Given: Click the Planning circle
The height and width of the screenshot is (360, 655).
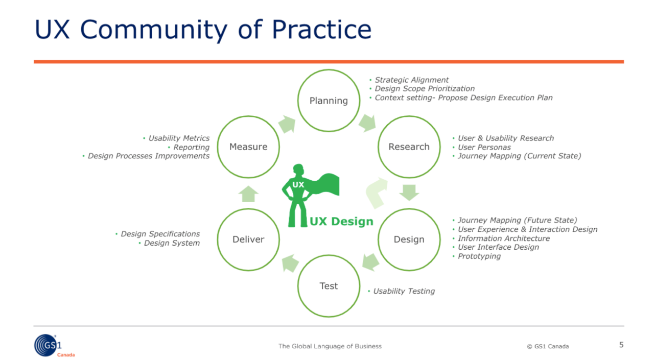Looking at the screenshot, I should tap(329, 101).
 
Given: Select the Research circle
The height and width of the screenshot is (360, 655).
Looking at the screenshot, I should tap(409, 147).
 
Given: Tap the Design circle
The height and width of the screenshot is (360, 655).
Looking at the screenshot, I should tap(409, 239).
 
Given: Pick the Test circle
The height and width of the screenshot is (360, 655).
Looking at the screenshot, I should tap(329, 285).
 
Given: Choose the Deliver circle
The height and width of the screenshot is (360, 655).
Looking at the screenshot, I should tap(248, 239).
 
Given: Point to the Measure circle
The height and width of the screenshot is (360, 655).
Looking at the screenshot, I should tap(248, 147).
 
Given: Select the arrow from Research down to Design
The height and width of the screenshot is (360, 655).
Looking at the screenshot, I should tap(409, 193).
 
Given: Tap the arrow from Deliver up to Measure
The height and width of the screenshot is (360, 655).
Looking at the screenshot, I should tap(248, 194).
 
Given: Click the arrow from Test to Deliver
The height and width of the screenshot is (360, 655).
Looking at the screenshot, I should tap(290, 262).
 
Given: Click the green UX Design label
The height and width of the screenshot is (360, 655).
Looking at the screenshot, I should tap(341, 222).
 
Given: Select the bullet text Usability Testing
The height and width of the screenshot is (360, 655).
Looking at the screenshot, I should tap(404, 291).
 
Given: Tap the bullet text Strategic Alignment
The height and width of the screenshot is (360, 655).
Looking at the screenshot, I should tap(411, 80).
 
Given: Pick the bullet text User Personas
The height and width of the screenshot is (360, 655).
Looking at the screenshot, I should tap(484, 147).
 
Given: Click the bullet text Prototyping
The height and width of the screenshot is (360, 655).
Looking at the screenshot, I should tap(479, 256).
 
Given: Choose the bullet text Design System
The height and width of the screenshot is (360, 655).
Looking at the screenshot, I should tap(171, 243).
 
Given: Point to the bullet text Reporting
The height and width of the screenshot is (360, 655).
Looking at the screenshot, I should tap(191, 147).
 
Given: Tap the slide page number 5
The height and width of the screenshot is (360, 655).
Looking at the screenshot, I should tap(621, 345).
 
